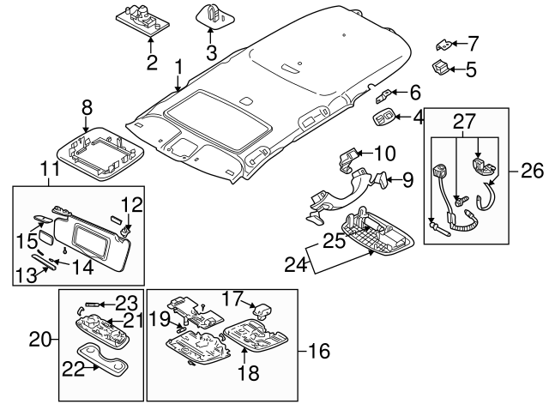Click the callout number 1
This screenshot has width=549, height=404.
(178, 65)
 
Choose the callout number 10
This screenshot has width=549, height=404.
(384, 154)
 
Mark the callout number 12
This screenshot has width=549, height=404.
(130, 204)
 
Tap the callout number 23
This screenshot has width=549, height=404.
(127, 302)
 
